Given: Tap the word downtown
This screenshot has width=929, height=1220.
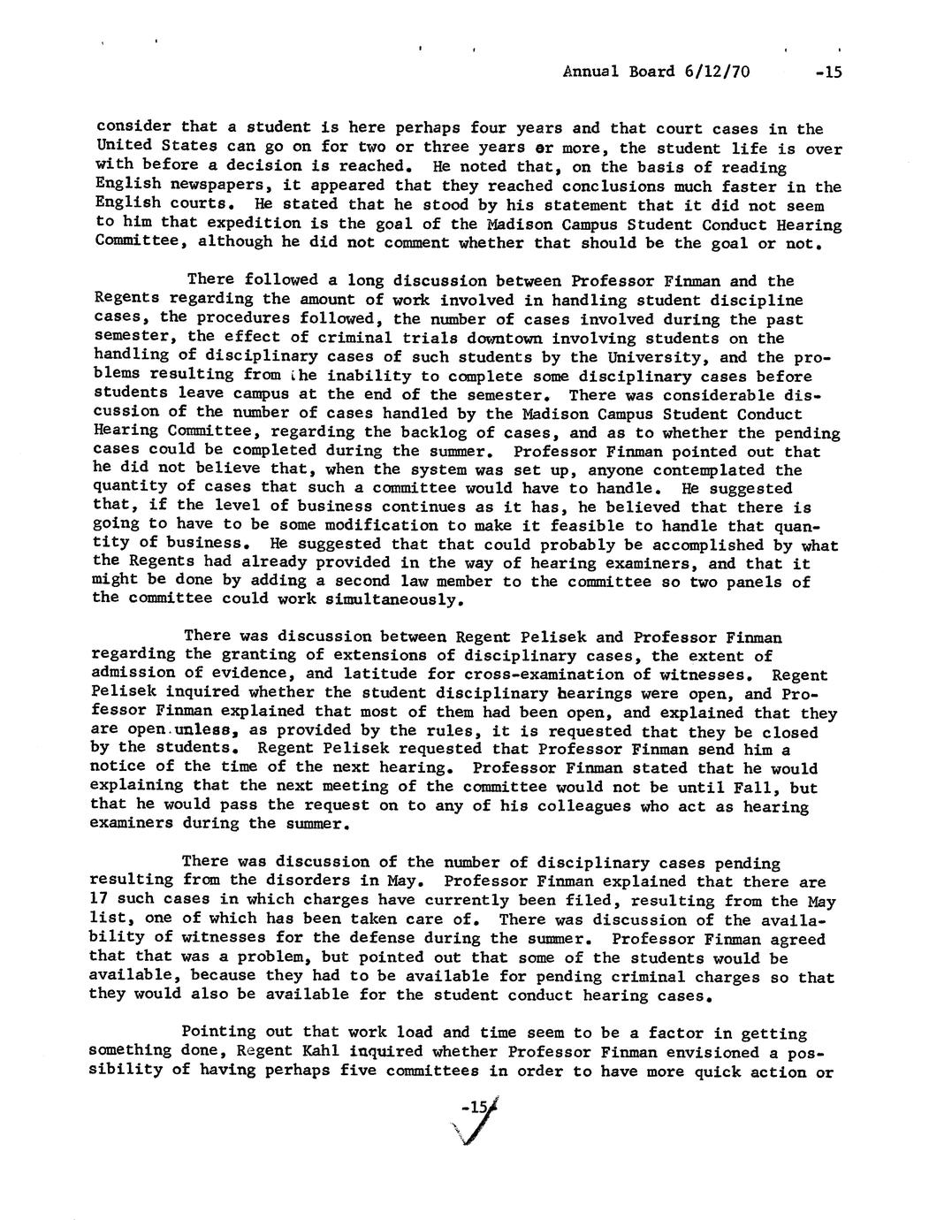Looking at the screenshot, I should click(484, 338).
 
